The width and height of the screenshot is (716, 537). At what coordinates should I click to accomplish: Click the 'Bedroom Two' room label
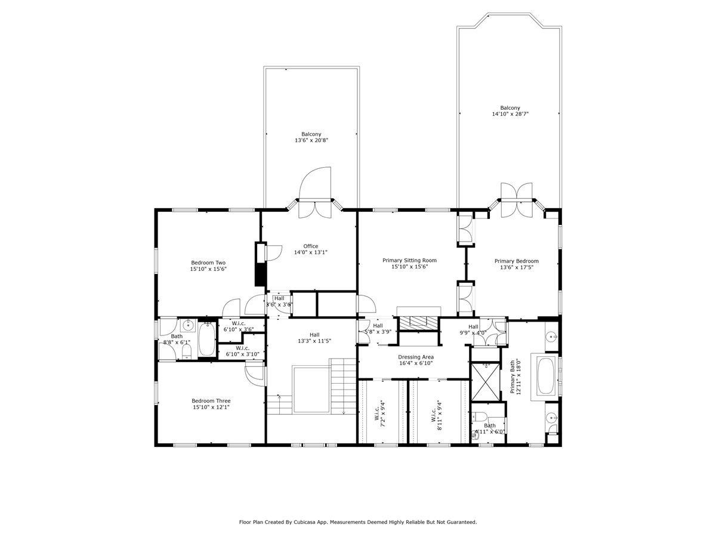tap(208, 263)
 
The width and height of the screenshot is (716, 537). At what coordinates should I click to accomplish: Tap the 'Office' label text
tap(310, 246)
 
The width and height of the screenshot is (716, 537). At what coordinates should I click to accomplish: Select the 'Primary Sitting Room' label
tap(409, 260)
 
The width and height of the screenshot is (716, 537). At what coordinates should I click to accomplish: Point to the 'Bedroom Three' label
tap(211, 401)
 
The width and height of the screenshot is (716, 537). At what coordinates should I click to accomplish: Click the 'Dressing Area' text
tap(416, 357)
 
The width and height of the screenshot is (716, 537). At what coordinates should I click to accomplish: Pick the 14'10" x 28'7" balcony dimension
tap(510, 113)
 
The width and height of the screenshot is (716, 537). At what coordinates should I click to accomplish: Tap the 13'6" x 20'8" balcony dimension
tap(311, 140)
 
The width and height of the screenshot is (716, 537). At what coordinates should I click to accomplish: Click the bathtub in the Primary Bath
tap(547, 376)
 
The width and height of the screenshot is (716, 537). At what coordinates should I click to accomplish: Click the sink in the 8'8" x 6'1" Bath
tap(188, 325)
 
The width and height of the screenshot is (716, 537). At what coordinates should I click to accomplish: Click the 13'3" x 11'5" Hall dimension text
tap(314, 341)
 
